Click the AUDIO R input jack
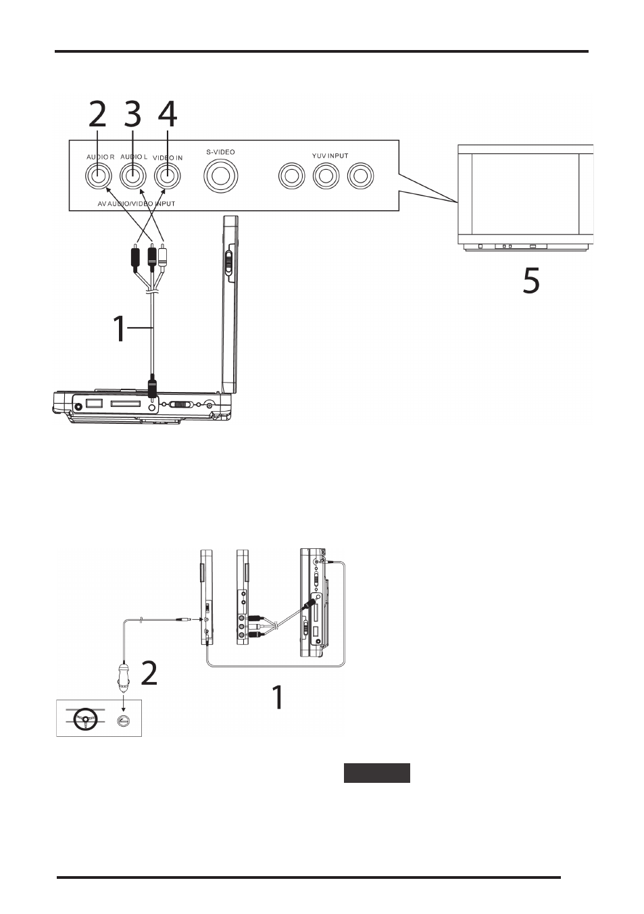click(98, 176)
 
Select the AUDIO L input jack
click(133, 176)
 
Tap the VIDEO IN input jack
click(167, 176)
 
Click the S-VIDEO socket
click(221, 176)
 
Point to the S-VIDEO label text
click(220, 152)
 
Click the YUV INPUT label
click(330, 156)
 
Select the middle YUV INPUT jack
click(326, 176)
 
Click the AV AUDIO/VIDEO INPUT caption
click(137, 203)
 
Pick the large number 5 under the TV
click(531, 280)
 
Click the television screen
click(525, 193)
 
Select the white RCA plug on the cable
click(163, 256)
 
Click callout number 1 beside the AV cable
click(119, 329)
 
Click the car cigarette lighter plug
click(123, 677)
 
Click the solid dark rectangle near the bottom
click(377, 773)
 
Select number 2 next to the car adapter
click(149, 673)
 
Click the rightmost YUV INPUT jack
click(361, 176)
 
